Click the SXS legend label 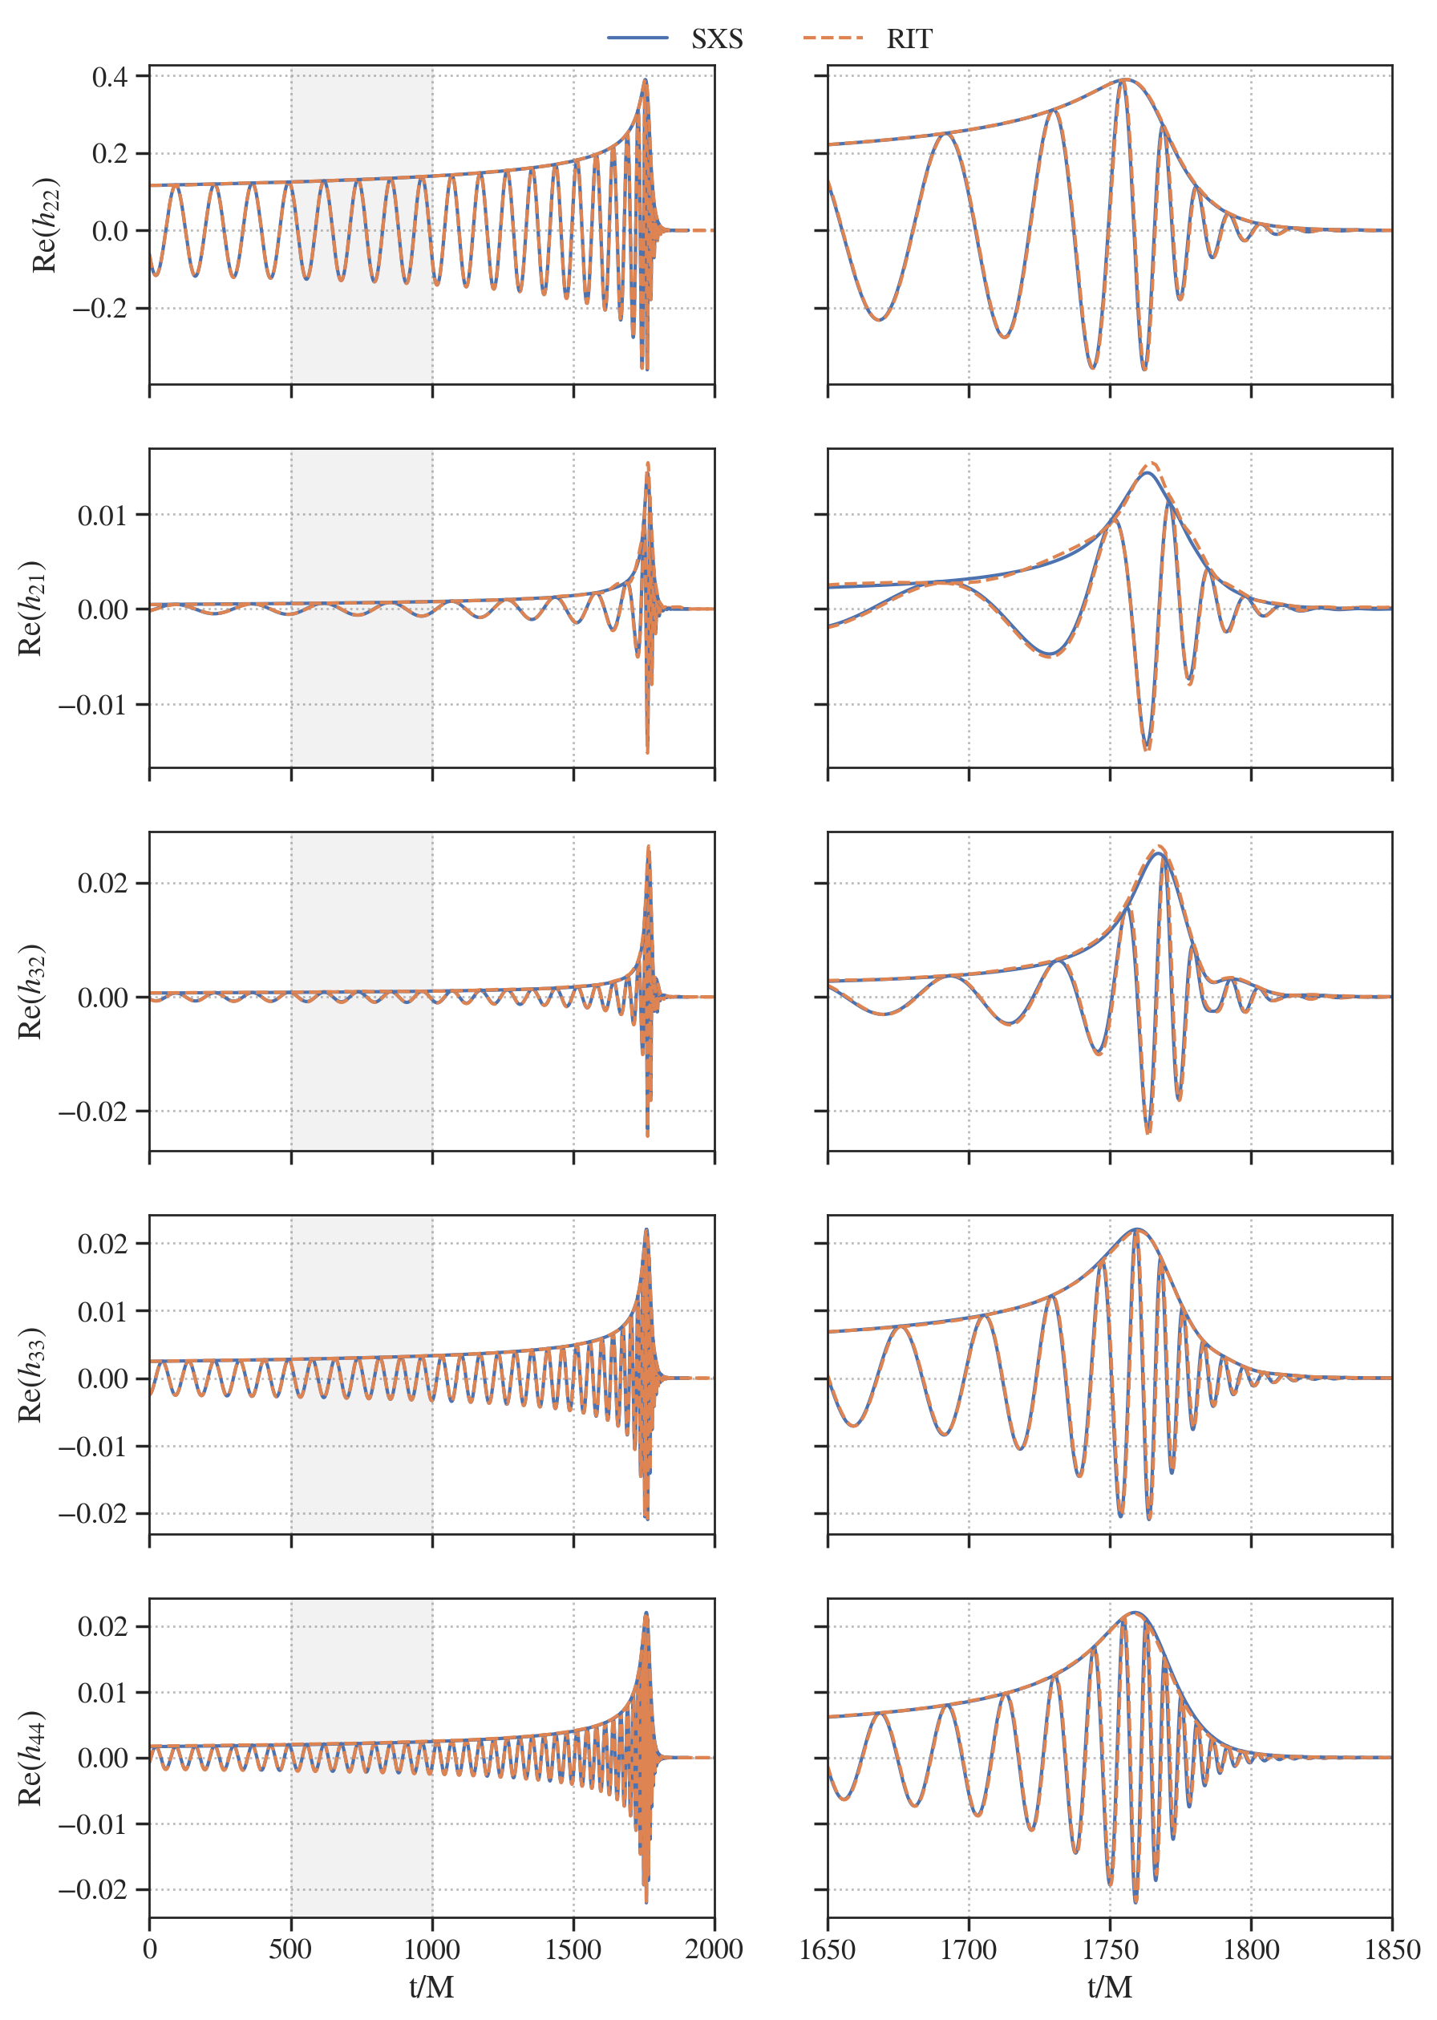pyautogui.click(x=717, y=39)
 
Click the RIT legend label pyautogui.click(x=909, y=39)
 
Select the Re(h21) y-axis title pyautogui.click(x=32, y=608)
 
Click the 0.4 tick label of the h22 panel pyautogui.click(x=110, y=77)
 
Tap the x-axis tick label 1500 pyautogui.click(x=573, y=1950)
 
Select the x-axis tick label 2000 pyautogui.click(x=714, y=1950)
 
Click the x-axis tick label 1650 pyautogui.click(x=828, y=1950)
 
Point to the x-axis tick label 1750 pyautogui.click(x=1110, y=1950)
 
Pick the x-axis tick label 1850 pyautogui.click(x=1392, y=1950)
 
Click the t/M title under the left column pyautogui.click(x=431, y=1987)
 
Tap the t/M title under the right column pyautogui.click(x=1110, y=1987)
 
